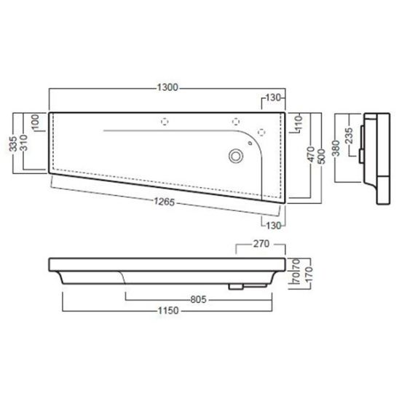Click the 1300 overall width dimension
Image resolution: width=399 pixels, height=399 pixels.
(x=167, y=87)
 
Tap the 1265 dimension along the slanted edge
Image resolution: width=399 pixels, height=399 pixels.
(x=165, y=202)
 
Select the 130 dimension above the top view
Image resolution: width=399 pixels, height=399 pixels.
(x=273, y=98)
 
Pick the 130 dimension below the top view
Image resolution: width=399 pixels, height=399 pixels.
(x=273, y=226)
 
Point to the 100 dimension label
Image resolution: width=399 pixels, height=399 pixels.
(x=36, y=122)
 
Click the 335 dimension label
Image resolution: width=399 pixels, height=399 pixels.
(x=14, y=143)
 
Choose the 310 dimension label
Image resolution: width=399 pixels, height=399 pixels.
(x=24, y=143)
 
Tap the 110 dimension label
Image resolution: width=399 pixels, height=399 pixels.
(x=299, y=122)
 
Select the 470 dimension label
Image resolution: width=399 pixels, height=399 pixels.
(x=311, y=154)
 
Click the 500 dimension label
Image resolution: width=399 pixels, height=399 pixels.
(x=321, y=157)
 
